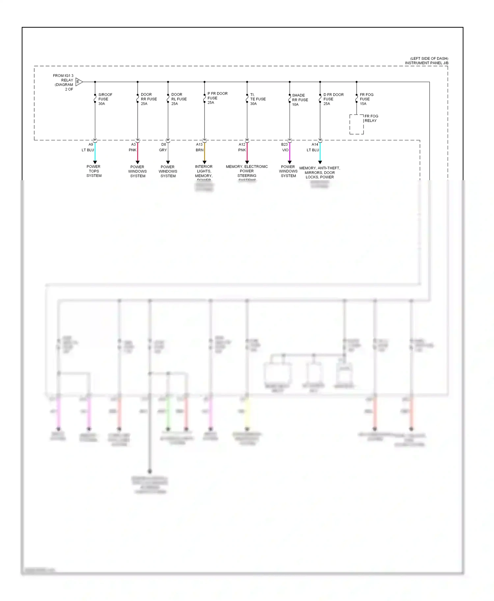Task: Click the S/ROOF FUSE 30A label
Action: tap(105, 99)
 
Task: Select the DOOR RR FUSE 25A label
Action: tap(149, 99)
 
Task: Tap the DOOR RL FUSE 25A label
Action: tap(179, 99)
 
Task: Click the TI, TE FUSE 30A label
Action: tap(258, 99)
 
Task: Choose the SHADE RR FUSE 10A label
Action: tap(300, 100)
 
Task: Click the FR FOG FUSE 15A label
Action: tap(366, 99)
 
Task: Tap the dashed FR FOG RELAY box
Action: tap(356, 124)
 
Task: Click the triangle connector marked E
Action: tap(79, 82)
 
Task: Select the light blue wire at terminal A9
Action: tap(95, 152)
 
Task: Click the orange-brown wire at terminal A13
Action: tap(205, 152)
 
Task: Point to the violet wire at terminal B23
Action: tap(290, 152)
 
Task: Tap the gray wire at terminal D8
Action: tap(168, 152)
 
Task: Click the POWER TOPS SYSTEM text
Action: tap(94, 171)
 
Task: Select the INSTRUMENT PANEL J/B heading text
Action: tap(426, 63)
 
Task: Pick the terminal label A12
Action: tap(242, 144)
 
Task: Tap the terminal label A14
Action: tap(315, 144)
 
